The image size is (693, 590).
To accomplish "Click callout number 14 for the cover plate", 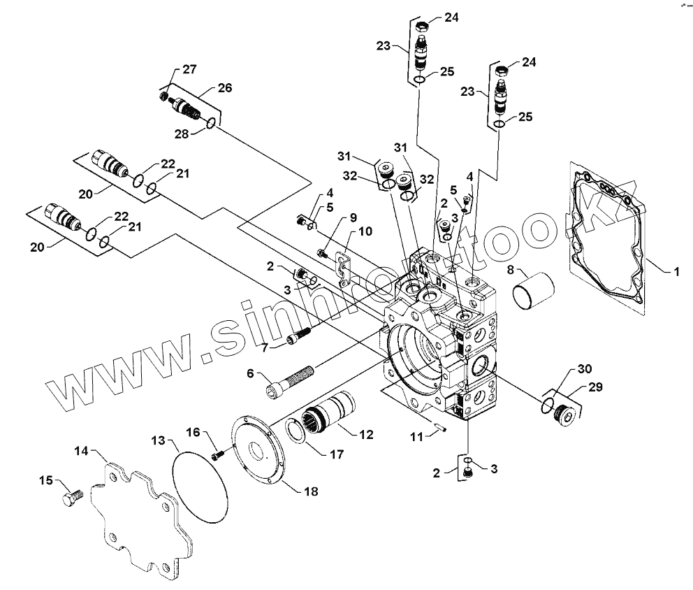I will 81,451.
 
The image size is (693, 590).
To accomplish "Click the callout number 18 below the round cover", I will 311,491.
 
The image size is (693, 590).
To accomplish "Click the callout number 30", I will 584,368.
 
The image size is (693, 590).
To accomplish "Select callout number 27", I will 189,69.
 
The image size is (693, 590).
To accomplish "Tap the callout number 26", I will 224,88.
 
